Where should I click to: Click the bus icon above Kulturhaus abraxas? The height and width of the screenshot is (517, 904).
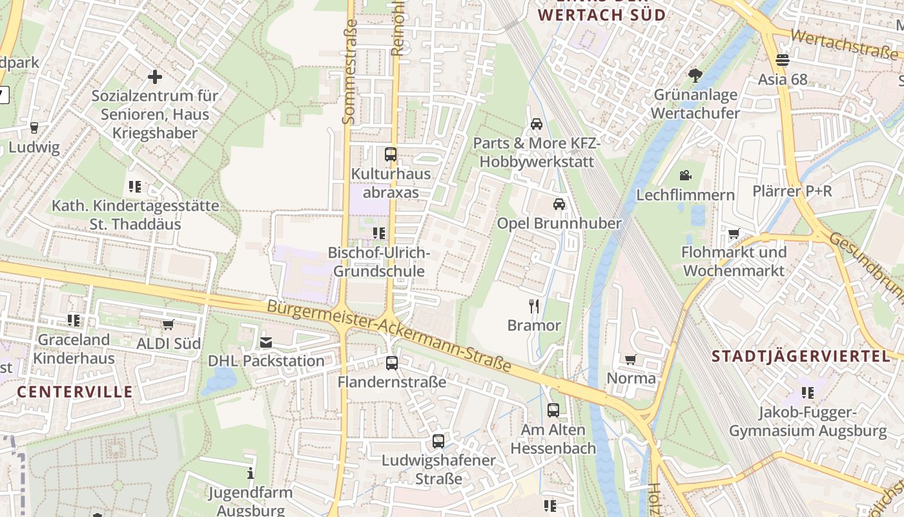tap(391, 154)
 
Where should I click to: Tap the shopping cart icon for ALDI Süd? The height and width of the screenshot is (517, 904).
tap(169, 324)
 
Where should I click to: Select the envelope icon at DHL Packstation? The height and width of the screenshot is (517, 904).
tap(266, 343)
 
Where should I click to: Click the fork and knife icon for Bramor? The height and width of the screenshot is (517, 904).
tap(534, 306)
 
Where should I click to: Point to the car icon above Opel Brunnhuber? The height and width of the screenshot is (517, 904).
tap(559, 204)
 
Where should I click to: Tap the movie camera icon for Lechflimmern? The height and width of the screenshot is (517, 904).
tap(685, 175)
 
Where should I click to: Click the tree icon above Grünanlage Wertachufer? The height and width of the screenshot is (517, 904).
tap(695, 76)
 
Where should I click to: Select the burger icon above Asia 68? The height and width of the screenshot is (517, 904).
tap(783, 60)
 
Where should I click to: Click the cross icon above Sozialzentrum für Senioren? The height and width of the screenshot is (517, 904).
tap(155, 78)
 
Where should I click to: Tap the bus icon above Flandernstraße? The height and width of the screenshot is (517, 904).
tap(392, 363)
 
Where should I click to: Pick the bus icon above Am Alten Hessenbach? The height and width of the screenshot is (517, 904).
tap(553, 410)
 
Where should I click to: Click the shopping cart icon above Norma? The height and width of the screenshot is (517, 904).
tap(631, 359)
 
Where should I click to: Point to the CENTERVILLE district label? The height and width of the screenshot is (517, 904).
tap(75, 392)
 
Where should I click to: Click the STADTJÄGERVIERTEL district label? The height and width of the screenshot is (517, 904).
tap(801, 356)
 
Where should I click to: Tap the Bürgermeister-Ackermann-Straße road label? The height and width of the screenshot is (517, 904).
tap(389, 336)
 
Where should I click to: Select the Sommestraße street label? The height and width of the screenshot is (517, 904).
tap(349, 71)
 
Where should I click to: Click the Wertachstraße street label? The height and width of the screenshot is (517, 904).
tap(843, 45)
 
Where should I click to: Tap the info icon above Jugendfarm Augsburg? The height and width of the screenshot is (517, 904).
tap(251, 474)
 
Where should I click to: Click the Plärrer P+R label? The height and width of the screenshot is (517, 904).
tap(792, 191)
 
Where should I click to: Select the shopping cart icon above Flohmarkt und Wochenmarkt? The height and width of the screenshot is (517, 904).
tap(734, 233)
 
